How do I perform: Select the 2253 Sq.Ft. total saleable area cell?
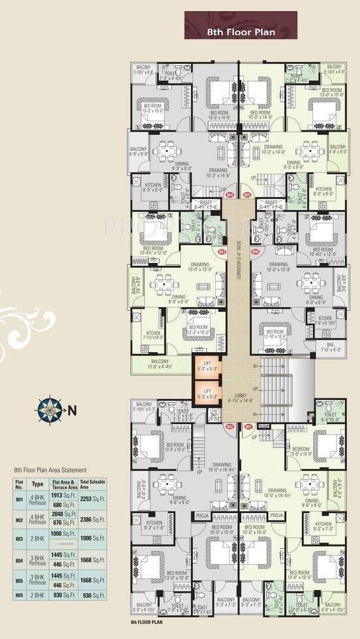coord(94,499)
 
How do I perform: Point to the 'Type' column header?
coord(38,485)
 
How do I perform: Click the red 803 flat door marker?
coord(222,251)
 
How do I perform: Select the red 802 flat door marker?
coord(229,426)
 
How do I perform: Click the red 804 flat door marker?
coord(229,194)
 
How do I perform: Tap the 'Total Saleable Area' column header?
coord(94,485)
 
